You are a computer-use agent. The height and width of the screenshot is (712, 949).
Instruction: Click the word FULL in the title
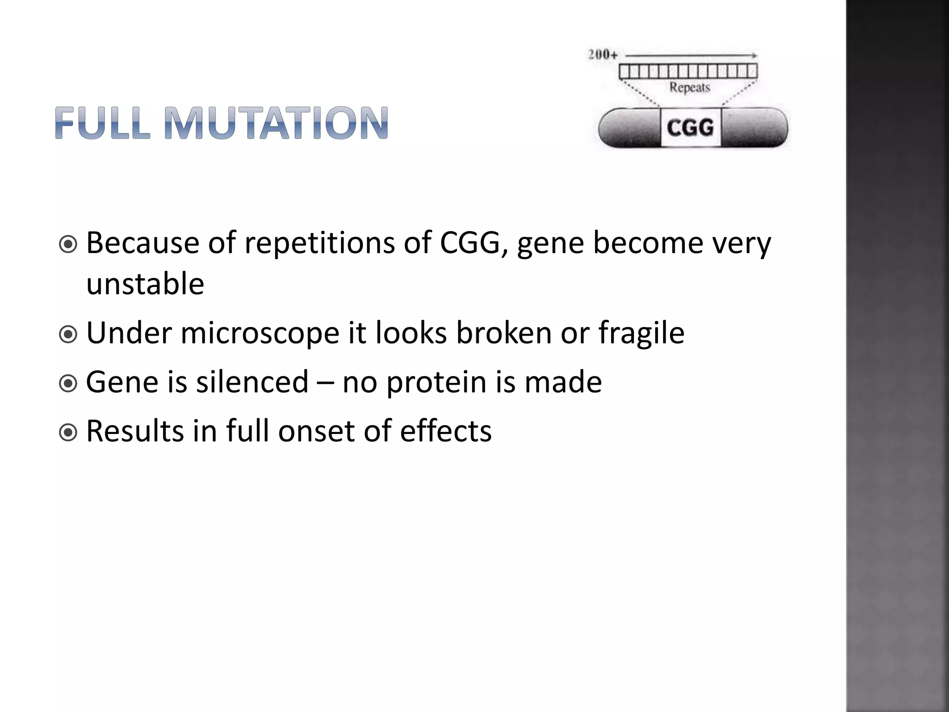tap(102, 123)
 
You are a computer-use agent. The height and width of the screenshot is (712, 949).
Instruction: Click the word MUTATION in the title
tap(276, 123)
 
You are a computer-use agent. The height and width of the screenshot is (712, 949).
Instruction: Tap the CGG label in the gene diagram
tap(690, 127)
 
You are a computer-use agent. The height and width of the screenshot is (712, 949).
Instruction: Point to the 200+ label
tap(602, 55)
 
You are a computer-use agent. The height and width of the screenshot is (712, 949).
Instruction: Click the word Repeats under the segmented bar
tap(690, 87)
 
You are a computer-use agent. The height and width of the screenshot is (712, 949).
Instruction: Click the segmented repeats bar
tap(688, 71)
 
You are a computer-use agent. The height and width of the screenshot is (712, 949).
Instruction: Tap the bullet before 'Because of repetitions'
tap(69, 244)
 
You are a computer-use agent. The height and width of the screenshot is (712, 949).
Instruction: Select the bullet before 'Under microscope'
tap(69, 334)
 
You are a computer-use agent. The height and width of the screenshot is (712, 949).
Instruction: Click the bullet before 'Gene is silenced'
tap(69, 383)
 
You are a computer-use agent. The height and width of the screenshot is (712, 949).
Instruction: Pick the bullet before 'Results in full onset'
tap(69, 432)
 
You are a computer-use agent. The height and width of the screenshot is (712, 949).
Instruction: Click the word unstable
tap(145, 284)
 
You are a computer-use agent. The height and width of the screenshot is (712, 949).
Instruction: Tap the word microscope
tap(260, 333)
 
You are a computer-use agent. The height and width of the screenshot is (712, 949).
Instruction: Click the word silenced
tap(252, 382)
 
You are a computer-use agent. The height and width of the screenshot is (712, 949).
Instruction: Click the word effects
tap(445, 431)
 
